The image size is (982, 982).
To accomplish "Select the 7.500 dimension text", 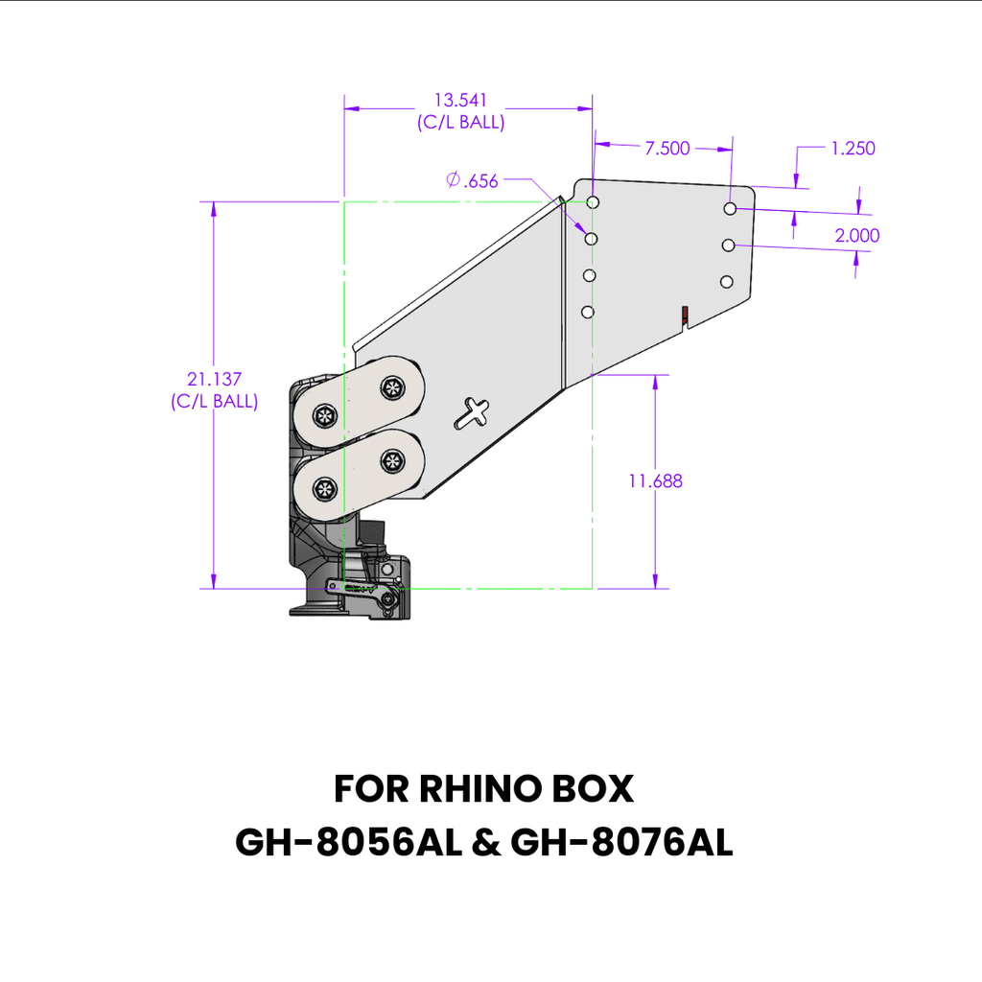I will click(667, 148).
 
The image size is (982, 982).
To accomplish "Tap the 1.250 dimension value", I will click(853, 148).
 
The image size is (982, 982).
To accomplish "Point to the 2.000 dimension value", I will click(856, 236).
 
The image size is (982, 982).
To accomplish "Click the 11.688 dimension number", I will click(656, 481).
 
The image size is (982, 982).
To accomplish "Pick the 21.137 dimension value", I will click(213, 381).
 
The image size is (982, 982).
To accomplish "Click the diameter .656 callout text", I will click(473, 180).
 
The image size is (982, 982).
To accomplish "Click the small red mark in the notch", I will click(685, 314).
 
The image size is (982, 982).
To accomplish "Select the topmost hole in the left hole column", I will click(594, 202).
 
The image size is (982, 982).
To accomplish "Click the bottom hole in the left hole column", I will click(588, 312).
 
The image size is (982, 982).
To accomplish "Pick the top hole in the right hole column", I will click(731, 208).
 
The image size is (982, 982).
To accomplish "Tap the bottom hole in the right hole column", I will click(727, 281).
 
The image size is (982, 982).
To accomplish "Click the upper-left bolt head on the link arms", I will click(324, 415).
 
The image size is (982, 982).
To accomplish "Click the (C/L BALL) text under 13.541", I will click(460, 123).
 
